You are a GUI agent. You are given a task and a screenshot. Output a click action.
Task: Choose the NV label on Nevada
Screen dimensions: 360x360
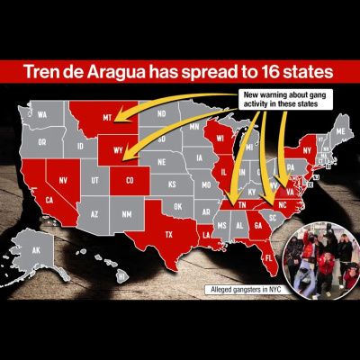[64, 179]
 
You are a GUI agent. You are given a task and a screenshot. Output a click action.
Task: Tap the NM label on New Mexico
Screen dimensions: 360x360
[126, 214]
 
